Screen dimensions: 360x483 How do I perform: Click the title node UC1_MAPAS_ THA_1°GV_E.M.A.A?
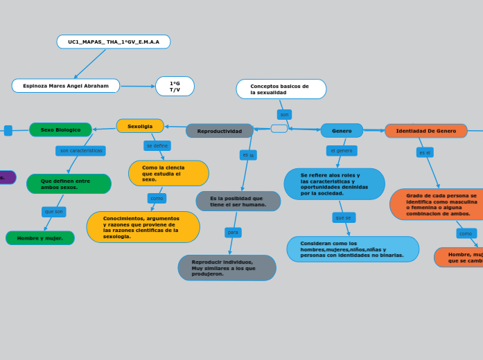pyautogui.click(x=114, y=42)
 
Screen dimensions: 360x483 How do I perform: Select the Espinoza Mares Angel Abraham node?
pyautogui.click(x=66, y=86)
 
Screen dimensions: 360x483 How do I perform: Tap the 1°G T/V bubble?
pyautogui.click(x=175, y=87)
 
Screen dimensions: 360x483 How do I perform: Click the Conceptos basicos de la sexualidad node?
pyautogui.click(x=281, y=89)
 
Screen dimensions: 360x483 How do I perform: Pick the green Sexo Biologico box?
pyautogui.click(x=60, y=129)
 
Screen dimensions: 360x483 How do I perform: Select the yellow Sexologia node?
pyautogui.click(x=140, y=126)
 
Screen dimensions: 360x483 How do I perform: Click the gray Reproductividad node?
pyautogui.click(x=220, y=131)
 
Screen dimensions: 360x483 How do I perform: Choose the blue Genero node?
pyautogui.click(x=342, y=131)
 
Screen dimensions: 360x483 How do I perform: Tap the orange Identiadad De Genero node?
pyautogui.click(x=425, y=131)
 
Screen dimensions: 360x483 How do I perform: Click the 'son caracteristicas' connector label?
pyautogui.click(x=80, y=150)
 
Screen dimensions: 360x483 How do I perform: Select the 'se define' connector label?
pyautogui.click(x=157, y=146)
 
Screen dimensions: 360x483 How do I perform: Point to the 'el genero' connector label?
pyautogui.click(x=342, y=150)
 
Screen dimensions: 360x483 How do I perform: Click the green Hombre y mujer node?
pyautogui.click(x=40, y=238)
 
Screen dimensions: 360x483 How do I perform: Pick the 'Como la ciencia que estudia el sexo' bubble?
pyautogui.click(x=168, y=173)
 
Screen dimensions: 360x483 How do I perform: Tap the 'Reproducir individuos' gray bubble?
pyautogui.click(x=227, y=268)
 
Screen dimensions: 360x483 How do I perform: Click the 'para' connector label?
pyautogui.click(x=233, y=233)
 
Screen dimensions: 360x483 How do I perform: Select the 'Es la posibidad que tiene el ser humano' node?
pyautogui.click(x=238, y=201)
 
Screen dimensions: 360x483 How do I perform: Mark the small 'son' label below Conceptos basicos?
pyautogui.click(x=284, y=114)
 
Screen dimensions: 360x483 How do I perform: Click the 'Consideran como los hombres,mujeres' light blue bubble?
pyautogui.click(x=353, y=249)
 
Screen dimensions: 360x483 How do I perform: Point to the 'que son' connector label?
pyautogui.click(x=53, y=212)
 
